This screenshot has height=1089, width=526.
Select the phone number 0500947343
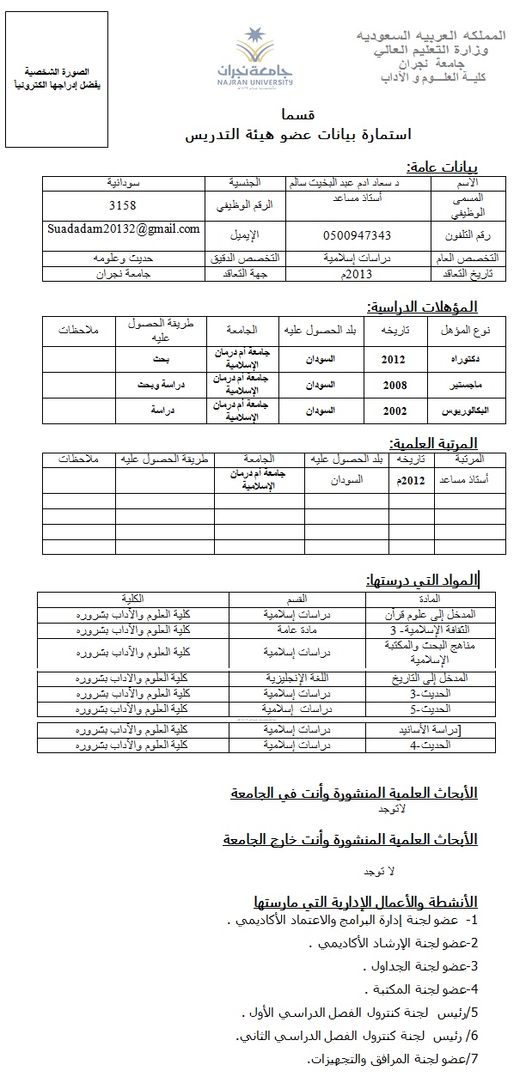point(357,235)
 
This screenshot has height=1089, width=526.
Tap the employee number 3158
point(123,206)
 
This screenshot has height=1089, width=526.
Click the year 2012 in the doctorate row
point(394,359)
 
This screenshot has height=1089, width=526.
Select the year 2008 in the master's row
point(394,386)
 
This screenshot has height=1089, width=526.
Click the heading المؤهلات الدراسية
point(422,307)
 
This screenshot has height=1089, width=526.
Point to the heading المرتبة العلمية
point(433,443)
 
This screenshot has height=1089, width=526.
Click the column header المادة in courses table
point(428,598)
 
